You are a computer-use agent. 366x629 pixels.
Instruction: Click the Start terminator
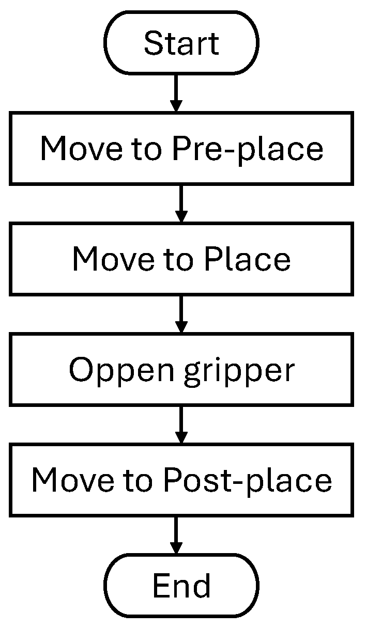point(181,43)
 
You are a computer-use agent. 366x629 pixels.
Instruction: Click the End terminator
point(181,586)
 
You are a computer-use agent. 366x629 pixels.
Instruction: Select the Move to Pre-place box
point(181,148)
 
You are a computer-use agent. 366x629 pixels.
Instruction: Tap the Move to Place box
point(181,259)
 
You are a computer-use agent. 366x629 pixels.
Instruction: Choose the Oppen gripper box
point(181,369)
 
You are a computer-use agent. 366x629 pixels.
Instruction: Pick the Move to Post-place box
point(181,480)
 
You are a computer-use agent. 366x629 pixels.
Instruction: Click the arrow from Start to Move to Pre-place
point(176,93)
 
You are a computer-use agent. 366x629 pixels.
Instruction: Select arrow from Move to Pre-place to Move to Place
point(181,203)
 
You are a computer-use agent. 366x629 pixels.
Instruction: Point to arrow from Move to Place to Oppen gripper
point(181,313)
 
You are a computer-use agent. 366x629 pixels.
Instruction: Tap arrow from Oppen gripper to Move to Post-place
point(181,424)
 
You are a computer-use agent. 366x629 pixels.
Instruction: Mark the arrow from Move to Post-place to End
point(176,534)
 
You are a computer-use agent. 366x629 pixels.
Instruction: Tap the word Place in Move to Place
point(247,259)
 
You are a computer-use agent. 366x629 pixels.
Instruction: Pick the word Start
point(181,43)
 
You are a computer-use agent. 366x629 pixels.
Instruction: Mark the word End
point(181,586)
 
